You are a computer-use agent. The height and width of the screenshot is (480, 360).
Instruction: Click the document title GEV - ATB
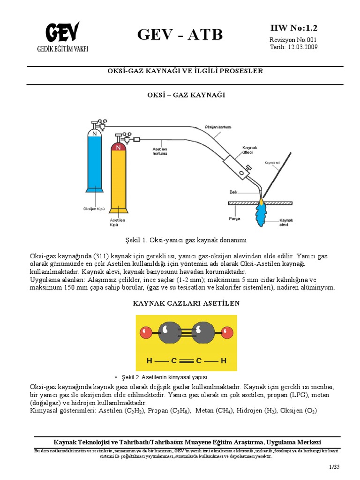point(180,35)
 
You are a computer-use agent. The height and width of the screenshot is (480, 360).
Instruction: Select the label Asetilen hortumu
point(161,151)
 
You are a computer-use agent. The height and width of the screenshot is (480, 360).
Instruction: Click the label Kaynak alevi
point(285,222)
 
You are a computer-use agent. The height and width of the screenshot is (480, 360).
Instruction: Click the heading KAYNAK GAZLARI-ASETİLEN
point(186,303)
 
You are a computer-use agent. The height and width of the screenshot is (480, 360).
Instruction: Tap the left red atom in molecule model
point(146,333)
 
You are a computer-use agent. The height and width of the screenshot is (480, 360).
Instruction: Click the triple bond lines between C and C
point(187,361)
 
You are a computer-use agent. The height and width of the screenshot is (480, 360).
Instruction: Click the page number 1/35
point(334,467)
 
